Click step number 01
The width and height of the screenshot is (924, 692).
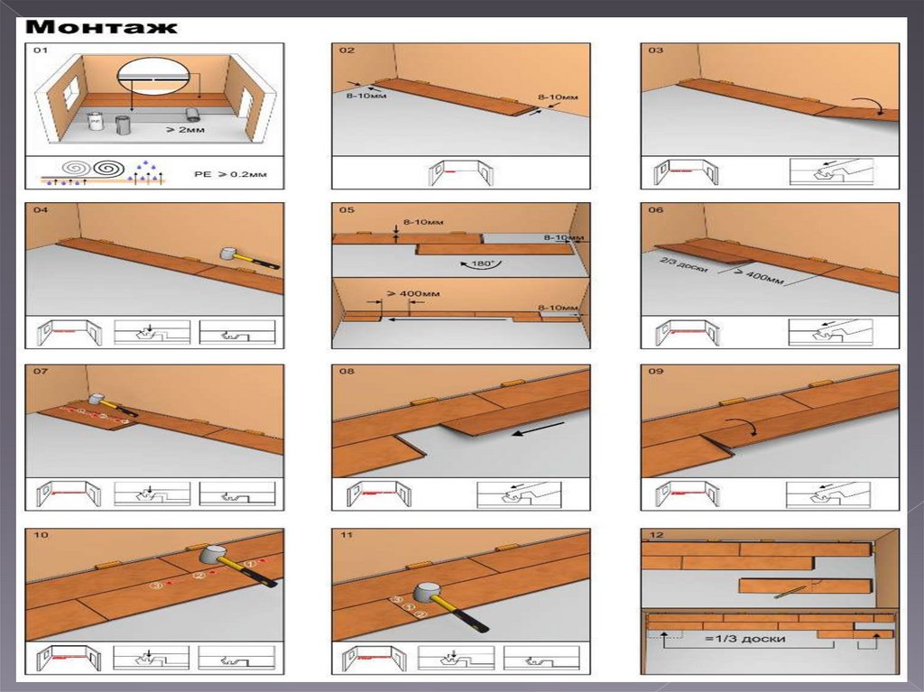[41, 51]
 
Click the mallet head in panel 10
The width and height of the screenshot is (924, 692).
[212, 556]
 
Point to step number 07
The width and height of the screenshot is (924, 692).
[41, 371]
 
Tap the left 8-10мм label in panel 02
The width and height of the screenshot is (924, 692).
[363, 96]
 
